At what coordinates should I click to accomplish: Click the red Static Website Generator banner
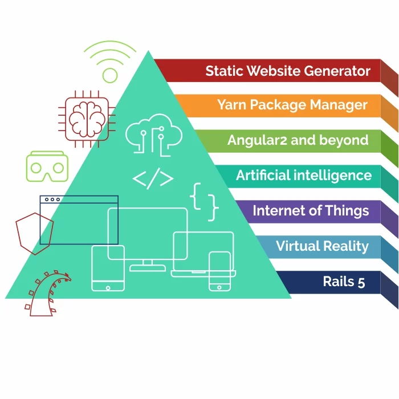click(x=288, y=71)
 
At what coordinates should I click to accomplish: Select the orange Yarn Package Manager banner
click(x=292, y=105)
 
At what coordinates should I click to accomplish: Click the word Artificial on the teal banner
click(x=263, y=176)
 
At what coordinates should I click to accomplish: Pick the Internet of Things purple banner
click(x=311, y=211)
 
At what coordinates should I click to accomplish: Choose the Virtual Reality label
click(x=322, y=246)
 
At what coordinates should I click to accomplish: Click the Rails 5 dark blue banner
click(x=343, y=281)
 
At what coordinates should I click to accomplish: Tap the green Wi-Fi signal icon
click(x=110, y=62)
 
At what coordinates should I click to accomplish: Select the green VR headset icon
click(x=45, y=166)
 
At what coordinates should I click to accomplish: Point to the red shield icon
click(x=34, y=233)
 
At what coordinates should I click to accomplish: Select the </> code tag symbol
click(x=153, y=178)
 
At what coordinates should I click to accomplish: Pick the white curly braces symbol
click(x=204, y=201)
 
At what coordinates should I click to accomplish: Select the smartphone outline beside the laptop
click(x=219, y=271)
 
